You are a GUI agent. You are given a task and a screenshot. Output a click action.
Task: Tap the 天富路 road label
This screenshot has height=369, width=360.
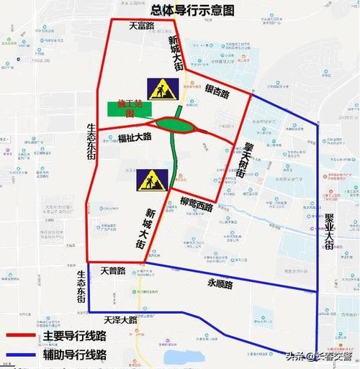pyautogui.click(x=143, y=25)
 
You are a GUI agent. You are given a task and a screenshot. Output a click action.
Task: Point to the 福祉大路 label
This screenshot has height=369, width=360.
pyautogui.click(x=135, y=137)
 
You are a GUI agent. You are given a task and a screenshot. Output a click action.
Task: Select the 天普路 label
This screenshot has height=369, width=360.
pyautogui.click(x=113, y=271)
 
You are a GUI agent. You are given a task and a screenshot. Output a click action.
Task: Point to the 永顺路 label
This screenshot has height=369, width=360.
pyautogui.click(x=220, y=285)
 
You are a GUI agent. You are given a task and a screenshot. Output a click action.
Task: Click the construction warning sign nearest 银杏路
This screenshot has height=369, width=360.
pyautogui.click(x=158, y=88)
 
